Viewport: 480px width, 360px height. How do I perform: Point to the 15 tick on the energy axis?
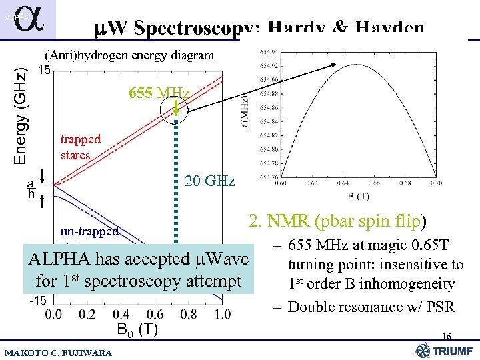click(x=45, y=69)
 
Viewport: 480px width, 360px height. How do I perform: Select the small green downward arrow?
click(x=177, y=106)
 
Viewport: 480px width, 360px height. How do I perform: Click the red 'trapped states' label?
click(x=80, y=147)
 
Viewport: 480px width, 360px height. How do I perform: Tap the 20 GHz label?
click(x=209, y=181)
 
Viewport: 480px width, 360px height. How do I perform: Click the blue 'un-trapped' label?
click(x=89, y=231)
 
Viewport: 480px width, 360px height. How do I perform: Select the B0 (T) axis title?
click(x=137, y=329)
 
